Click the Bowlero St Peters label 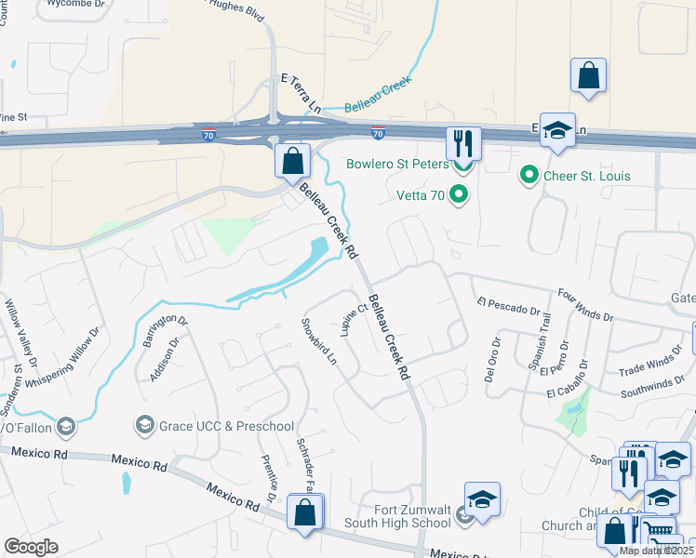pyautogui.click(x=397, y=165)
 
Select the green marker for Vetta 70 pyautogui.click(x=458, y=194)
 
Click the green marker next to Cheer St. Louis pyautogui.click(x=529, y=174)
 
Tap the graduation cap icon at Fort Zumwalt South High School pyautogui.click(x=482, y=499)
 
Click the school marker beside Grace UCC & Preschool pyautogui.click(x=144, y=425)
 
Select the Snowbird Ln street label pyautogui.click(x=318, y=341)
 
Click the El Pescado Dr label pyautogui.click(x=508, y=306)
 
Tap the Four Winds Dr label pyautogui.click(x=585, y=304)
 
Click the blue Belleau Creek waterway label pyautogui.click(x=378, y=97)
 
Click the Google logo pyautogui.click(x=32, y=547)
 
